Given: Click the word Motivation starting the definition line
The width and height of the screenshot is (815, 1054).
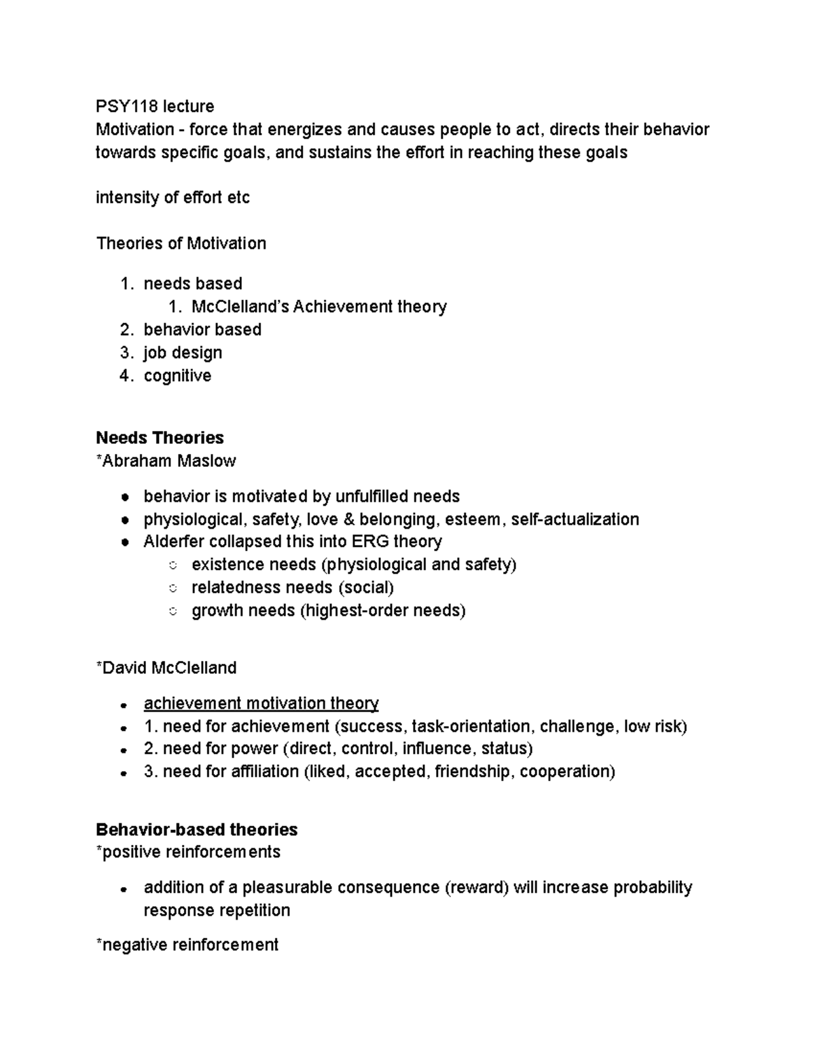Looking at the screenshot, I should tap(135, 130).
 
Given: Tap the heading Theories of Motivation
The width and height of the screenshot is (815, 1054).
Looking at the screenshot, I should tap(181, 244).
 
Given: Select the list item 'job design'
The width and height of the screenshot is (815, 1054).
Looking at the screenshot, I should tap(183, 353).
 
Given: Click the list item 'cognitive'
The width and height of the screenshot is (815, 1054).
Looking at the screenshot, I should tap(177, 376).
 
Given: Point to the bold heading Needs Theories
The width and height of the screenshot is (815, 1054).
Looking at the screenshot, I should tap(160, 438).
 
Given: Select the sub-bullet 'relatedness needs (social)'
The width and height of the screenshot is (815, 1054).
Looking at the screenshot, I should tap(292, 588).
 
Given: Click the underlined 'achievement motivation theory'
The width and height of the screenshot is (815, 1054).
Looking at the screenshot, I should tap(261, 704).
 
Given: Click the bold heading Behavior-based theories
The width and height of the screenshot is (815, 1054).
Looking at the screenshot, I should tap(196, 830).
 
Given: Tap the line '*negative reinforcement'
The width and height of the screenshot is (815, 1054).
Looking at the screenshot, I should tap(187, 945).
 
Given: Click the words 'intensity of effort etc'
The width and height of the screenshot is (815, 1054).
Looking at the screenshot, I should tap(173, 198).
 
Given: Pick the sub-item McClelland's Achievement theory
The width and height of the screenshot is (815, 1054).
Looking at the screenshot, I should tap(319, 307).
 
